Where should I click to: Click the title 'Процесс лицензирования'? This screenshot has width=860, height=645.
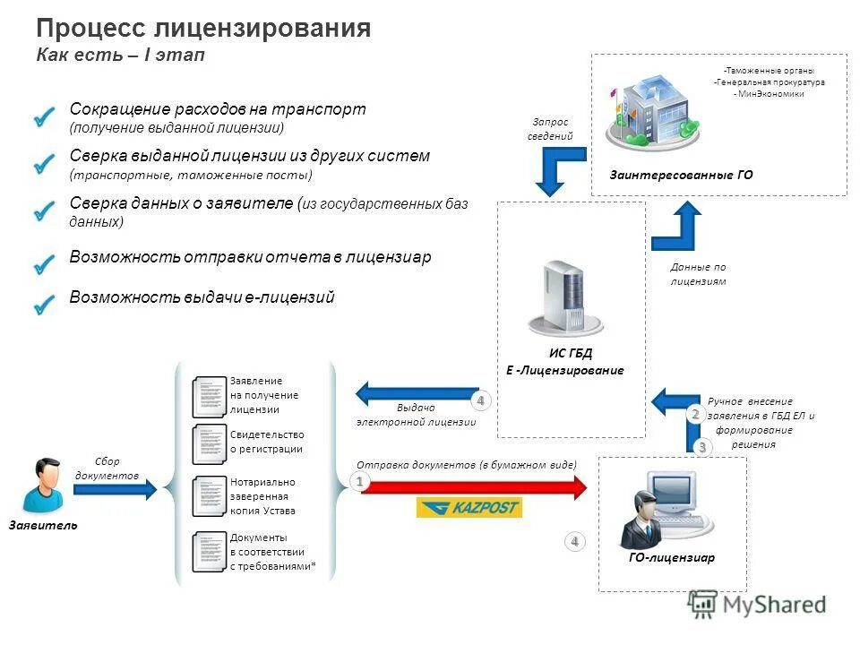pyautogui.click(x=203, y=29)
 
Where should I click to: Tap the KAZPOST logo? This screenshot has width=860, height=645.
pyautogui.click(x=469, y=508)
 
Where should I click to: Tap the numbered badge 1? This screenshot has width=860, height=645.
pyautogui.click(x=359, y=482)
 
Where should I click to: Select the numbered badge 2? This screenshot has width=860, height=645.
pyautogui.click(x=695, y=414)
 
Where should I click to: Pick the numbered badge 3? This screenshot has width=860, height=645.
pyautogui.click(x=702, y=445)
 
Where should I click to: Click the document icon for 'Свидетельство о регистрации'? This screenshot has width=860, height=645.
pyautogui.click(x=210, y=442)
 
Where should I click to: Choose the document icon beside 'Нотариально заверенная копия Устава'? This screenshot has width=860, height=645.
pyautogui.click(x=210, y=495)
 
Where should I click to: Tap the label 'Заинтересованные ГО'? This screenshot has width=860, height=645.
pyautogui.click(x=682, y=176)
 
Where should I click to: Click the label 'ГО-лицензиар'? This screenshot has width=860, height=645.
pyautogui.click(x=672, y=557)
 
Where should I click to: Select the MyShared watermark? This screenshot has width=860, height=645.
pyautogui.click(x=758, y=605)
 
